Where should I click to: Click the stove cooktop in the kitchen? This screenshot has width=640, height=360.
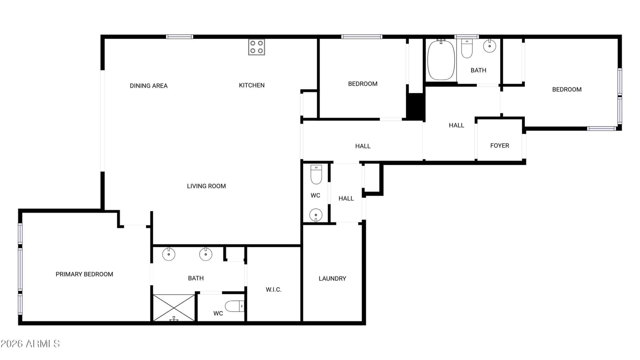coord(256,47)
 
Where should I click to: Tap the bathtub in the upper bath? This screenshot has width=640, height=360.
coord(441,60)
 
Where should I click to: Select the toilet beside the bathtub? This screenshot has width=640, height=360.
coord(467,48)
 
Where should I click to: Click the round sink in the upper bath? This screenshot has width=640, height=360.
coord(490,46)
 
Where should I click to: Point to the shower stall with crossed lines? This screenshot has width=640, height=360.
coord(174,308)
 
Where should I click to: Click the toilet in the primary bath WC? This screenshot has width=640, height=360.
coord(234,306)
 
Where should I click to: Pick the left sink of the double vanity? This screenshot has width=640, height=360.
coord(168,254)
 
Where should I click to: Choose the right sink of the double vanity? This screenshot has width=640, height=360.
coord(206,254)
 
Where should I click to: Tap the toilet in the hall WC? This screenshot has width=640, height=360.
coord(316,174)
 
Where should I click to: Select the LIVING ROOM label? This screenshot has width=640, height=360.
coord(206,186)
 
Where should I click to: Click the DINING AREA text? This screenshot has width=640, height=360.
coord(148,86)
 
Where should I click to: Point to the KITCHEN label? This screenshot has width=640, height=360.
coord(252,85)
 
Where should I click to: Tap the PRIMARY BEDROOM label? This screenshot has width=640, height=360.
coord(84,274)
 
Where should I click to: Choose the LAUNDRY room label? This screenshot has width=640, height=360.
coord(332,278)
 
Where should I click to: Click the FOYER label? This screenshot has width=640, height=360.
coord(500,146)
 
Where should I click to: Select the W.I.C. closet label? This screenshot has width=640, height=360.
coord(274,290)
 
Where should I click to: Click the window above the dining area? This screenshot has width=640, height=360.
coord(180,36)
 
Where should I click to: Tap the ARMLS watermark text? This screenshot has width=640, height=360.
coord(30,344)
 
